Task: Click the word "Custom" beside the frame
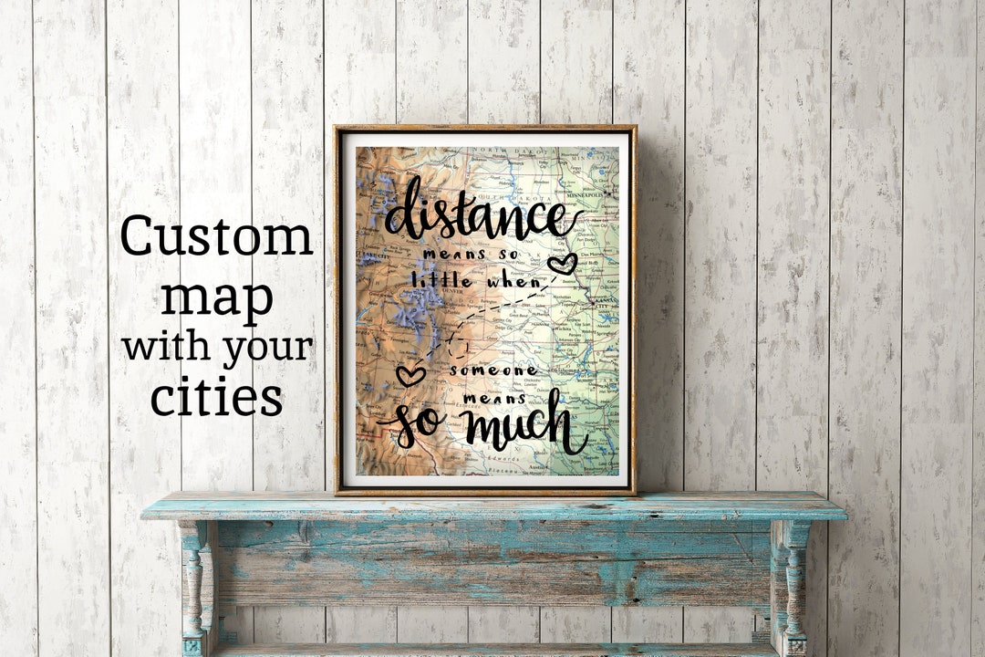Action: (216, 237)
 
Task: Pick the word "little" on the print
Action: (443, 281)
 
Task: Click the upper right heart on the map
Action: (562, 265)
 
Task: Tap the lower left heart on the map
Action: (410, 375)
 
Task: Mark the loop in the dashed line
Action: (458, 347)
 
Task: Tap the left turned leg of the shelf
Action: (193, 584)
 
